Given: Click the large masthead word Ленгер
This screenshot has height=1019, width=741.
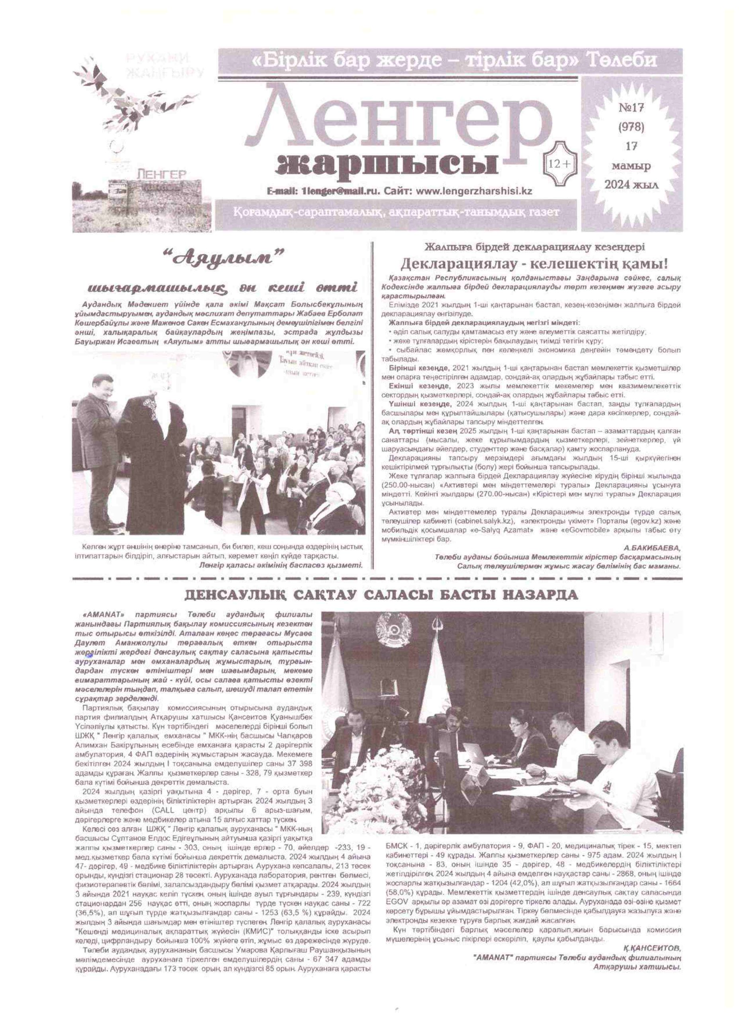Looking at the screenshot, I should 395,123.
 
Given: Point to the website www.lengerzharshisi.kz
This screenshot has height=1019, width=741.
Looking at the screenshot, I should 474,191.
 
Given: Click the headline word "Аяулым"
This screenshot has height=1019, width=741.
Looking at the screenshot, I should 225,259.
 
